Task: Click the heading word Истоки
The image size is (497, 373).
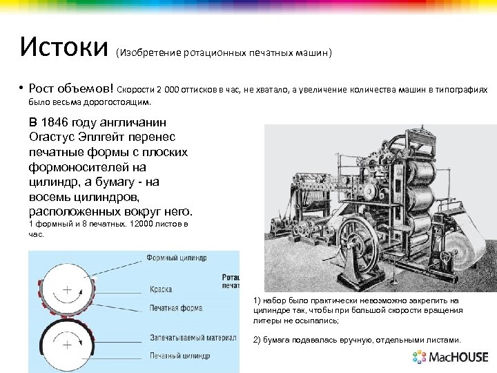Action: [64, 48]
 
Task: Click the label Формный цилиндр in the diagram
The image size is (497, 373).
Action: [176, 258]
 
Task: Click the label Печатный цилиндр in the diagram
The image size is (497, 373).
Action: [178, 356]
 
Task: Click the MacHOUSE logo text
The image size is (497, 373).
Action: [459, 358]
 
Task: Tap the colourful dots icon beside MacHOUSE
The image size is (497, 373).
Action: [420, 357]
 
